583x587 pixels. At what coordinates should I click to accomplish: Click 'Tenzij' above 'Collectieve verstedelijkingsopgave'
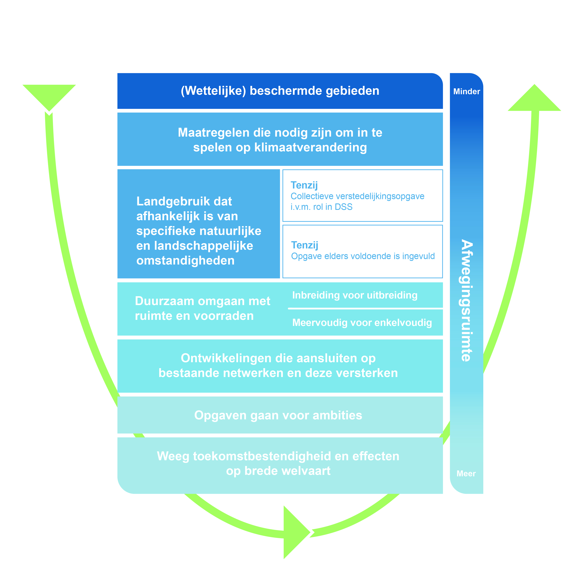[304, 185]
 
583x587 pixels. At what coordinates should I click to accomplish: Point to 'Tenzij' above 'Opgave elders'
[305, 245]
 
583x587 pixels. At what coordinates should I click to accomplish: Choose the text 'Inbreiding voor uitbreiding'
[355, 295]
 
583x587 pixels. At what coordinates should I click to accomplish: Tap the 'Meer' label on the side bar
[466, 474]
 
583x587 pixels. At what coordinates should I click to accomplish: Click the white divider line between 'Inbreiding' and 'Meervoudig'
[365, 308]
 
